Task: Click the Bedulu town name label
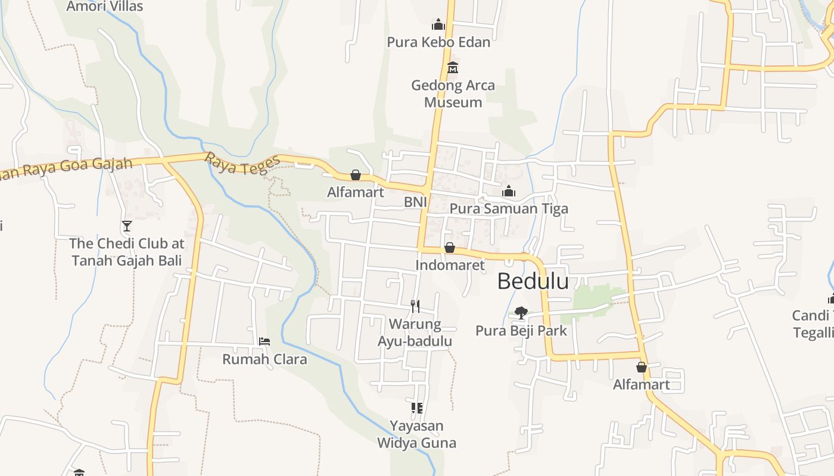tap(533, 281)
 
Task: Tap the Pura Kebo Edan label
tap(438, 42)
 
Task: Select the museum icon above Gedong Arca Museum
tap(453, 67)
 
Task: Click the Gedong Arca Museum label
tap(453, 93)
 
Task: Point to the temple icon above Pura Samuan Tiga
tap(509, 191)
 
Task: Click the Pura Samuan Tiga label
tap(509, 209)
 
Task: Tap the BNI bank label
tap(415, 202)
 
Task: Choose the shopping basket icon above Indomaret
tap(450, 248)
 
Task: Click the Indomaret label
tap(450, 265)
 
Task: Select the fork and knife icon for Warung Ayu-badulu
tap(415, 306)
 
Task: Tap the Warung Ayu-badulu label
tap(415, 333)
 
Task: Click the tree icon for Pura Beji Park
tap(521, 312)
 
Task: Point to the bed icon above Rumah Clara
tap(264, 342)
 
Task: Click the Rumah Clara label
tap(264, 359)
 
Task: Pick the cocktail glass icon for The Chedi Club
tap(126, 226)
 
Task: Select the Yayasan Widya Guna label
tap(416, 434)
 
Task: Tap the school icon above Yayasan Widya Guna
tap(416, 408)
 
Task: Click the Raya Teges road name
tap(242, 165)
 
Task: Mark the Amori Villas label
tap(105, 7)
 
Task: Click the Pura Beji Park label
tap(521, 331)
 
